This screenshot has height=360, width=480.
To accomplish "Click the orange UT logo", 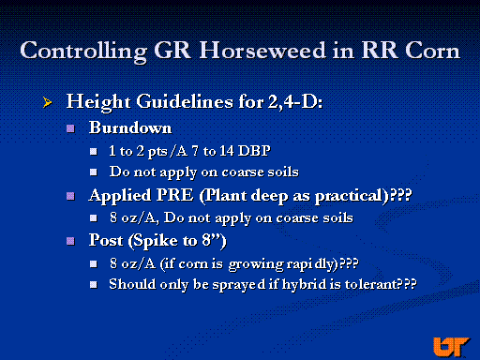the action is click(451, 347).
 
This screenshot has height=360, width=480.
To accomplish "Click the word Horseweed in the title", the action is click(262, 51).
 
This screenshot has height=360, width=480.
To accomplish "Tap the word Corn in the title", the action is click(432, 51).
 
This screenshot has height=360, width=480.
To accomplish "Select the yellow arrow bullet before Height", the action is click(47, 102).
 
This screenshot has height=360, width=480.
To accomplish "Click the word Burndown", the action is click(130, 127).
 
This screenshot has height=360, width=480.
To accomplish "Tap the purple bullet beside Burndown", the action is click(70, 128).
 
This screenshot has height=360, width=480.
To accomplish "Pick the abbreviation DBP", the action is click(254, 151).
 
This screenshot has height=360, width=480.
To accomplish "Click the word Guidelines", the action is click(185, 101).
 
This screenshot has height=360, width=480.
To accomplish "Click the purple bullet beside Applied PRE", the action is click(70, 196).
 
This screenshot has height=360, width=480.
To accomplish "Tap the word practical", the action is click(349, 197).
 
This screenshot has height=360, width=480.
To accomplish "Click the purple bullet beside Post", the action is click(70, 241).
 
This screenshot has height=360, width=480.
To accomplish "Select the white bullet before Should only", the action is click(94, 285).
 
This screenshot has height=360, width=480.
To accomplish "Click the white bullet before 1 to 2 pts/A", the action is click(94, 152).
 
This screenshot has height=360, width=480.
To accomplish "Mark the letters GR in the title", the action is click(172, 51).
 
